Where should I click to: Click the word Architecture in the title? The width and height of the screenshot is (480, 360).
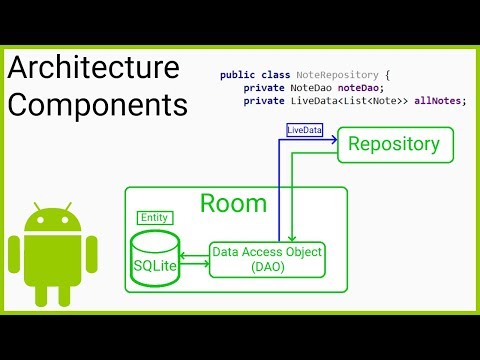click(x=94, y=68)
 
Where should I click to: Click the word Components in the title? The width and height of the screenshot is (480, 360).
click(x=97, y=104)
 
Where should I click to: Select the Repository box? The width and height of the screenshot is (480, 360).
click(x=392, y=144)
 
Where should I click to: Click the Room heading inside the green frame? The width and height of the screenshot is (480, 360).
click(x=234, y=204)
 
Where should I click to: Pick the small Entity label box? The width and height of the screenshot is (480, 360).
click(x=154, y=218)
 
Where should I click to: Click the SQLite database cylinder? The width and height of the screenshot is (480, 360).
click(x=155, y=259)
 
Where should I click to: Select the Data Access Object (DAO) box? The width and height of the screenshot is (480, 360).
click(x=267, y=260)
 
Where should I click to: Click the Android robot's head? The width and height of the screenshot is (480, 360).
click(x=52, y=220)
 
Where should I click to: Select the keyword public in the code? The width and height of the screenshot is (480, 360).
click(x=236, y=75)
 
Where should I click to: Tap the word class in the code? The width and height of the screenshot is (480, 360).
click(x=272, y=75)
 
